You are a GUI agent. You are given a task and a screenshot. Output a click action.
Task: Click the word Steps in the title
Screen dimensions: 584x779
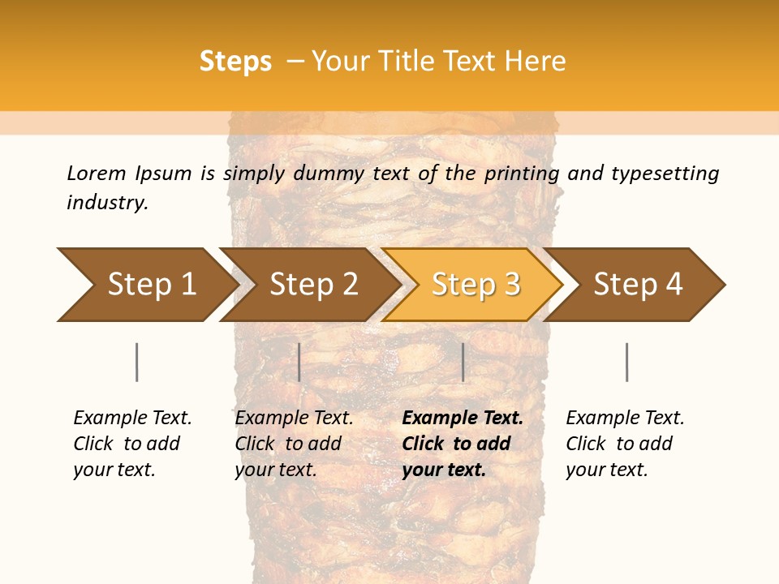pos(235,62)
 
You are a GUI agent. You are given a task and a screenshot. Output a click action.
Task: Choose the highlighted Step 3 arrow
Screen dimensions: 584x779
pos(476,284)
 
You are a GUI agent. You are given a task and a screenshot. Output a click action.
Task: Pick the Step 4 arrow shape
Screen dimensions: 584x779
pos(638,284)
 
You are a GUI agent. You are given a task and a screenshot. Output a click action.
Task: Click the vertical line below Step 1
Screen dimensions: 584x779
pos(136,362)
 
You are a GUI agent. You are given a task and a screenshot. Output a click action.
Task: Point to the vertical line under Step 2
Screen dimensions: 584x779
pos(299,362)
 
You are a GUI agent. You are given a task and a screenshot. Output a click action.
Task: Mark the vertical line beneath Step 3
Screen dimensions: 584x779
pos(463,362)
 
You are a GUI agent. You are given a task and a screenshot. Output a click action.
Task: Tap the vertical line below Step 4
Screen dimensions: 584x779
pos(626,362)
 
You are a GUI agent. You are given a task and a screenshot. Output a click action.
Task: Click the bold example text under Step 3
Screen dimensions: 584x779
pos(461,444)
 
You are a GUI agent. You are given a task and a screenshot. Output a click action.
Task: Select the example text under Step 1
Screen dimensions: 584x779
pos(131,444)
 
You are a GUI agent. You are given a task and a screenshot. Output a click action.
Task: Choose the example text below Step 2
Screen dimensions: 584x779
pos(293,444)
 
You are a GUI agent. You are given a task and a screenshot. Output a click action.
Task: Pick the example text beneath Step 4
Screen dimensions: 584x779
pos(624,444)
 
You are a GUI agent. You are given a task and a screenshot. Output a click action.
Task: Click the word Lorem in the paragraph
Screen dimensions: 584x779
pos(97,173)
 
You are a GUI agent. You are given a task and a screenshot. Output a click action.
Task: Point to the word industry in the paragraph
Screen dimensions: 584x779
pos(107,202)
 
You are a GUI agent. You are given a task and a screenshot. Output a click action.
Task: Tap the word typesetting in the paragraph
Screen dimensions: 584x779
pos(665,173)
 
